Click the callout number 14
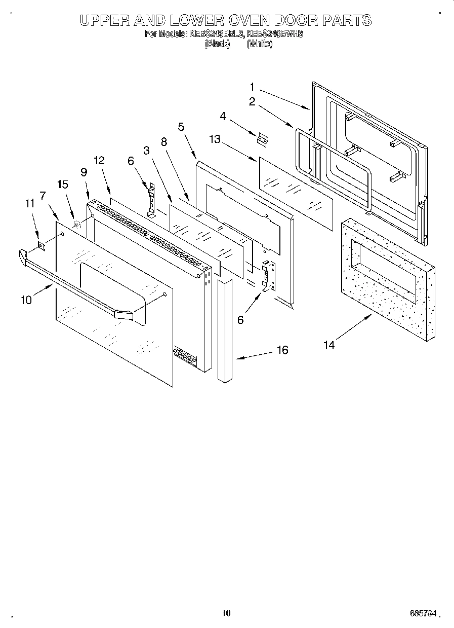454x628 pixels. tap(329, 345)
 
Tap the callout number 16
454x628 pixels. tap(282, 350)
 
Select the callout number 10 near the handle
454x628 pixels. tap(26, 300)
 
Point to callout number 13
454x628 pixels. tap(215, 139)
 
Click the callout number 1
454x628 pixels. tap(252, 87)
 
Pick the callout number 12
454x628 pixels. tap(99, 161)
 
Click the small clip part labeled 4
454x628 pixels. tap(262, 138)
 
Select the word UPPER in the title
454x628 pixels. tap(105, 20)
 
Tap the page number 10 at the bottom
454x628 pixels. tap(226, 613)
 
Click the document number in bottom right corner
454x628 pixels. tap(423, 613)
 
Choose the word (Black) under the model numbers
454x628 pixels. tap(217, 44)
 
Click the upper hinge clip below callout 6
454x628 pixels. tap(150, 201)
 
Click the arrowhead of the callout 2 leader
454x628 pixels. tap(293, 126)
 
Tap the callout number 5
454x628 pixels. tap(181, 127)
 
